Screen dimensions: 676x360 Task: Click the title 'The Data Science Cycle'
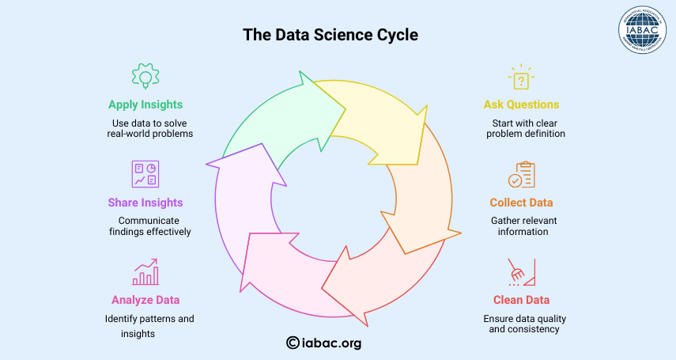[330, 35]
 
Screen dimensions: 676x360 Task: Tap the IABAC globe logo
[642, 30]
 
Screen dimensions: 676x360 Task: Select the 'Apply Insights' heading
[145, 105]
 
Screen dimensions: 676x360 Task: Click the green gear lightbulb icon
[145, 76]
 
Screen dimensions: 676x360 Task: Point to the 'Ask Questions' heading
[521, 104]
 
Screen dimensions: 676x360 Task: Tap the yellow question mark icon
[521, 78]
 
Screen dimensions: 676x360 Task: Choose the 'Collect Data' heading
[521, 203]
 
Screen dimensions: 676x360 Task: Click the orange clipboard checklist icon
[521, 174]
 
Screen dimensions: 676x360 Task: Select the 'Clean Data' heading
[521, 300]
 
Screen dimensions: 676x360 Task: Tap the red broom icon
[521, 272]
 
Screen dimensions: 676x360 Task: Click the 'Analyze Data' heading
[145, 300]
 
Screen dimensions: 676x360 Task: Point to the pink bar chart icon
[145, 272]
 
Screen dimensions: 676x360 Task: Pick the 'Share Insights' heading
[145, 203]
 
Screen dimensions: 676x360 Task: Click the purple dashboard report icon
[145, 174]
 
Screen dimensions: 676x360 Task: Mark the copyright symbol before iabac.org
[293, 343]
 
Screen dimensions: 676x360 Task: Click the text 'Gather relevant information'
[523, 226]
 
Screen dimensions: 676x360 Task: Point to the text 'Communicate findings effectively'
[149, 226]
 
